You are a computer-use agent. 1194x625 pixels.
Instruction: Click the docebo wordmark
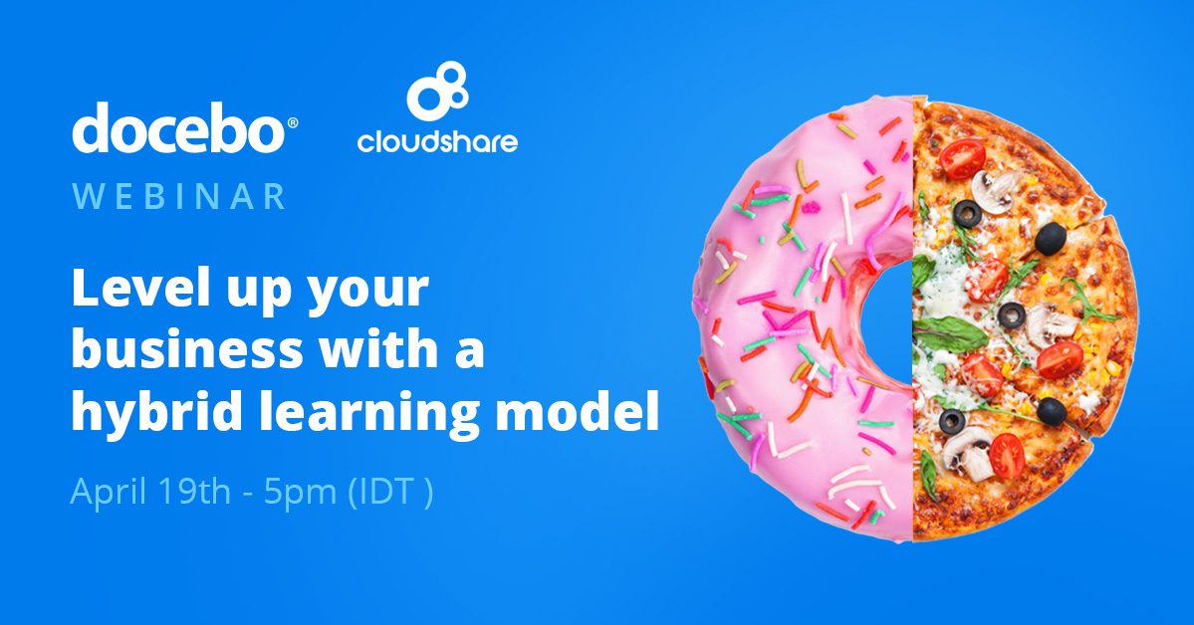pos(176,128)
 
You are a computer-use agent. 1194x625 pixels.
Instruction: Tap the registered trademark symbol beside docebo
pos(292,122)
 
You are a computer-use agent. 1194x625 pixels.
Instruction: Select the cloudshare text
pos(437,142)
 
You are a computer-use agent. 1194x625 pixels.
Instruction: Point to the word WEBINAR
pos(179,195)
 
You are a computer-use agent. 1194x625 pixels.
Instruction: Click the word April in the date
pos(107,493)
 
